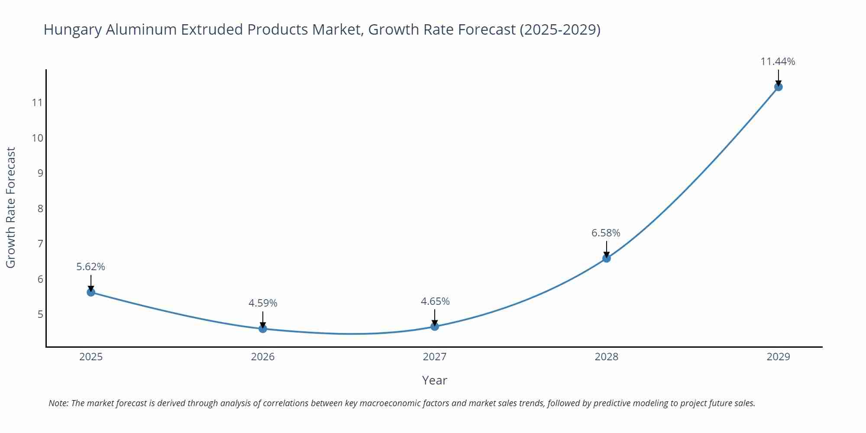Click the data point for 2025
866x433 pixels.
point(91,292)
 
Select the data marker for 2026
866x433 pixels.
point(263,329)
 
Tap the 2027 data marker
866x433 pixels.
point(435,326)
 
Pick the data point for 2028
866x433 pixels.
point(607,259)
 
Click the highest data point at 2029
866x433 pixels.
point(778,87)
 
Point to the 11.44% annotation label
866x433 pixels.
point(778,61)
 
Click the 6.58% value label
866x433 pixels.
point(606,233)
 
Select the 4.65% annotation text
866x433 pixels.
point(435,301)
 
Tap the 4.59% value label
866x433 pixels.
point(263,303)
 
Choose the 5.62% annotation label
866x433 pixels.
point(90,267)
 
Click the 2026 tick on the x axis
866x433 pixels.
point(263,357)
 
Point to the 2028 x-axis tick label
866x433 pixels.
point(606,357)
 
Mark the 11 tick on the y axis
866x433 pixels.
point(37,103)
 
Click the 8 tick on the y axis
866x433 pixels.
point(40,209)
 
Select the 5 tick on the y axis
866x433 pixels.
point(40,314)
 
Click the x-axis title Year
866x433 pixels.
point(434,380)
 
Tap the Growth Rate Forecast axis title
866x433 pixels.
point(10,207)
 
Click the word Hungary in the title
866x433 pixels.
point(73,29)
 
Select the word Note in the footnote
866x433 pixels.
point(58,403)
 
